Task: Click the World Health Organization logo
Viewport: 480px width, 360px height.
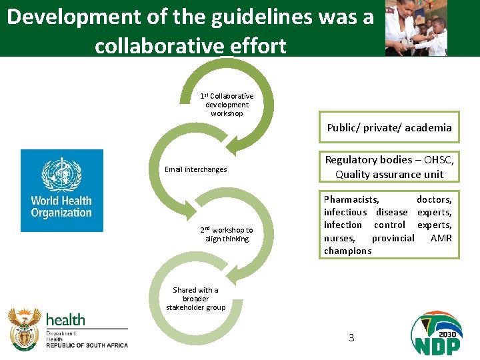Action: click(x=62, y=190)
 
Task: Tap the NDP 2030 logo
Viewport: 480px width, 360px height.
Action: click(x=436, y=333)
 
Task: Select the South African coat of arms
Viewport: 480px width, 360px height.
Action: click(x=24, y=329)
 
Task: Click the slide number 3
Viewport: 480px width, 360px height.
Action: click(x=351, y=337)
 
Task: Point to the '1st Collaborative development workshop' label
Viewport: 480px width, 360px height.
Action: click(x=227, y=105)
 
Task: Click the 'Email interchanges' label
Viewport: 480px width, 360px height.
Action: click(x=195, y=169)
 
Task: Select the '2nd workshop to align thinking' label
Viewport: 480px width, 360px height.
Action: click(x=227, y=234)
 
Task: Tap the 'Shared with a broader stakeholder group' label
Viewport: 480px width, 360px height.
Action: click(x=195, y=299)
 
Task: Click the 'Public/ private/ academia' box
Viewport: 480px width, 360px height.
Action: click(x=389, y=127)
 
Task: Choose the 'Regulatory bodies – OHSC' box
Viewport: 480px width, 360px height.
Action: click(x=389, y=167)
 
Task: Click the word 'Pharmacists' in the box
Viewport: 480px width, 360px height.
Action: click(x=351, y=199)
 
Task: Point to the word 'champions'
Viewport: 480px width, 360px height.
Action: click(x=347, y=251)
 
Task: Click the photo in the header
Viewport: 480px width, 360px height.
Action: click(x=417, y=28)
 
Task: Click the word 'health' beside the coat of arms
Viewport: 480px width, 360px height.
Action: click(x=65, y=320)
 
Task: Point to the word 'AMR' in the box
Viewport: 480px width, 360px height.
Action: click(x=441, y=238)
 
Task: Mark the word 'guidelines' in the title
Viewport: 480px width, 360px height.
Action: click(x=251, y=17)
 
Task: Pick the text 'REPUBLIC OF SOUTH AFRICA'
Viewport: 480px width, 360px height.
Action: click(x=87, y=345)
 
